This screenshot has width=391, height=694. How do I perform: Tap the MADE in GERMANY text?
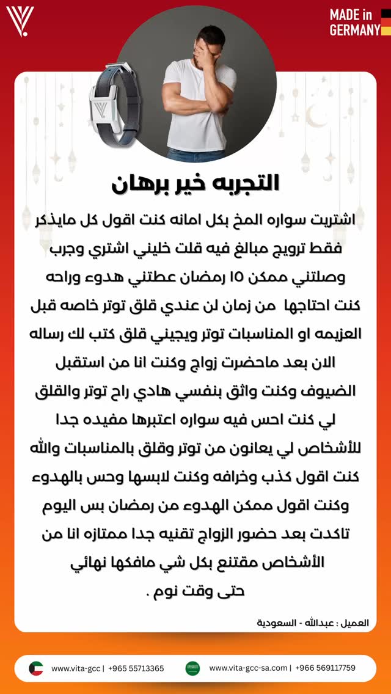click(355, 22)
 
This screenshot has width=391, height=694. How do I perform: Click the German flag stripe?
click(386, 22)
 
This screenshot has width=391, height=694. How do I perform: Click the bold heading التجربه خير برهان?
click(195, 183)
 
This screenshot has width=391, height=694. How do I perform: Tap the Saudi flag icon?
click(193, 668)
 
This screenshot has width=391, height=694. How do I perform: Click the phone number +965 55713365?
click(136, 668)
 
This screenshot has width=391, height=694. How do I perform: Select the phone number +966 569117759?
click(325, 668)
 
